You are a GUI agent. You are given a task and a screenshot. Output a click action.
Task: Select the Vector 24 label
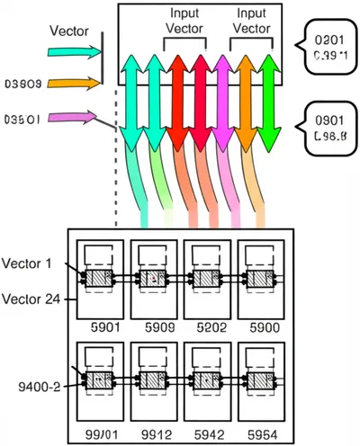click(x=30, y=298)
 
